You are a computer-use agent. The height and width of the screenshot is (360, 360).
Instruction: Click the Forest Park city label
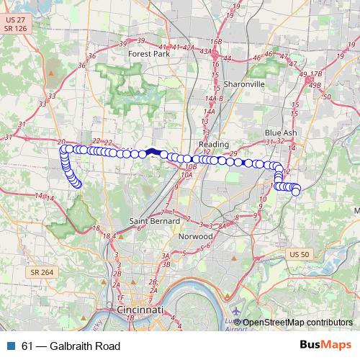[148, 53]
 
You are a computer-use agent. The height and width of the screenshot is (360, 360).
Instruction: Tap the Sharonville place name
[245, 84]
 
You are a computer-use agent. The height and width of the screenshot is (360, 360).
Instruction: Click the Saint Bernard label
[149, 220]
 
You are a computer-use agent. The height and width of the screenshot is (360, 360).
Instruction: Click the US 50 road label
[298, 254]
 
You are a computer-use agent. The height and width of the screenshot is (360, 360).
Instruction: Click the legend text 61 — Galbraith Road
[71, 346]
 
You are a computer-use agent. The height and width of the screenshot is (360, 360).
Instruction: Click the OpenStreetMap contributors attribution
[297, 322]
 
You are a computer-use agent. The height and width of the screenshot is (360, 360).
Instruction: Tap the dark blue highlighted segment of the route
[153, 152]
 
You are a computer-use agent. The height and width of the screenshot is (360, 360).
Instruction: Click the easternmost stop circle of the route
[295, 191]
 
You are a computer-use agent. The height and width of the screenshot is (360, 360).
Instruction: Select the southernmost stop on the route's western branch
[78, 185]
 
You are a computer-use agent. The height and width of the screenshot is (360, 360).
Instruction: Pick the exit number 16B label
[216, 42]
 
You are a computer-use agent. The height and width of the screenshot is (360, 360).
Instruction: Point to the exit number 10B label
[191, 166]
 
